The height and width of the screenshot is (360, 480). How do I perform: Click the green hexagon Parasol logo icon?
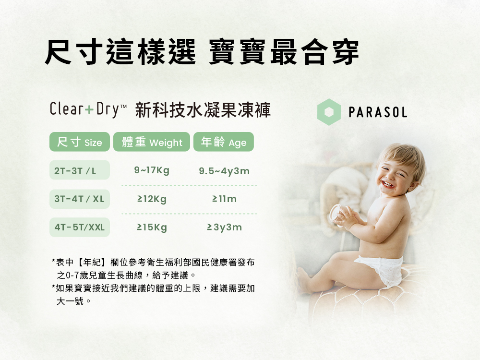[x=329, y=112]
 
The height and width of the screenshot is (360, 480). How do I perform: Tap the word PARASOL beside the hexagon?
[x=378, y=112]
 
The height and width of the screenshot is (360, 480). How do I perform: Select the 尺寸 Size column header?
[x=80, y=142]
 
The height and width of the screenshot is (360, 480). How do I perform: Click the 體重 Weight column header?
[x=152, y=142]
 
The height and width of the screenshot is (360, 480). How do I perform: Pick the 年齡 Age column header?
[x=224, y=142]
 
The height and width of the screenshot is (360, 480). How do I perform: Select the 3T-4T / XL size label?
[x=80, y=199]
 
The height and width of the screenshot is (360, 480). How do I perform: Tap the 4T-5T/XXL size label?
[x=80, y=227]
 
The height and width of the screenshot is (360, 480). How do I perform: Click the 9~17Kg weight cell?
[x=152, y=170]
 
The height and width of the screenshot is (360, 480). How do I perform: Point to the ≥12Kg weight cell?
[x=152, y=199]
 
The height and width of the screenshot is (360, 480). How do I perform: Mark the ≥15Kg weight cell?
[x=152, y=228]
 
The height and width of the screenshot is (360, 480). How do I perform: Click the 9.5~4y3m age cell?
[x=224, y=171]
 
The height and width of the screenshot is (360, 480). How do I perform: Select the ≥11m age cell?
[x=224, y=199]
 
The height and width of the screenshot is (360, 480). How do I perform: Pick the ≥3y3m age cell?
[x=224, y=227]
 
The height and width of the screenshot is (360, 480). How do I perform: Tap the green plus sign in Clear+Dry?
[x=89, y=109]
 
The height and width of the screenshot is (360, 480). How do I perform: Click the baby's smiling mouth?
[x=388, y=184]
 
